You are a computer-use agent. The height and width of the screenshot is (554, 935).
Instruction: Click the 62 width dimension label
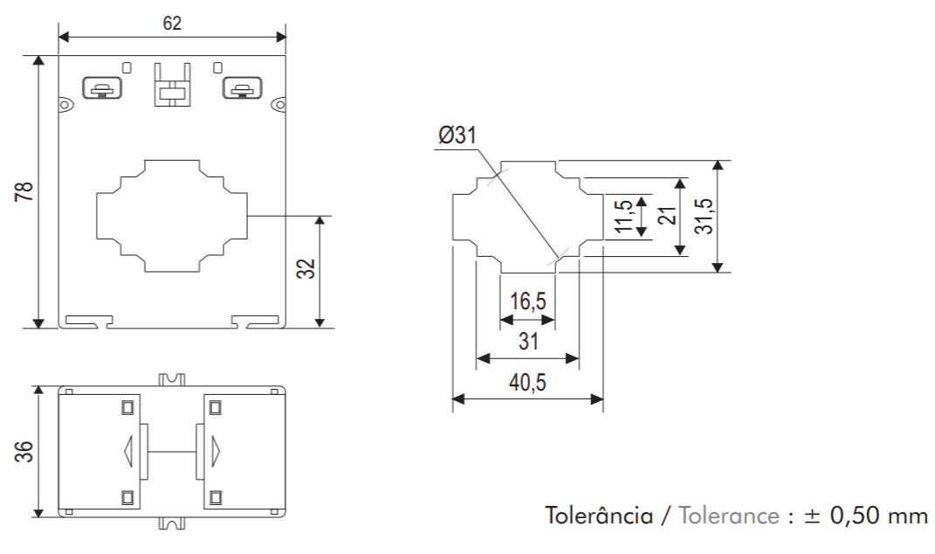tap(172, 24)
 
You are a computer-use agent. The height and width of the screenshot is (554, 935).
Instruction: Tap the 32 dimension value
tap(306, 268)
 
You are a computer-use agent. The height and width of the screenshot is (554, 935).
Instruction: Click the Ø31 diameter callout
tap(457, 136)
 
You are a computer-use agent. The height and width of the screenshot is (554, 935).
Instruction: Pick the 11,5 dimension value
tap(623, 217)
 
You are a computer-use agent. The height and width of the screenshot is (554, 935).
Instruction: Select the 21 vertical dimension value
tap(668, 216)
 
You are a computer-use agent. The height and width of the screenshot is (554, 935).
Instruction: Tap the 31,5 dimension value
tap(704, 216)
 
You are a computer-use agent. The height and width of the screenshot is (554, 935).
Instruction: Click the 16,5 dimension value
tap(527, 302)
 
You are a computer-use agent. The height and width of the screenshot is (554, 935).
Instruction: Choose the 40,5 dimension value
tap(527, 384)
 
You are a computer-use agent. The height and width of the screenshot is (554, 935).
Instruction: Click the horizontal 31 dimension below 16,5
tap(528, 343)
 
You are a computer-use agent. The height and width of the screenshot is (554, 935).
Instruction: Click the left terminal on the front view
tap(102, 88)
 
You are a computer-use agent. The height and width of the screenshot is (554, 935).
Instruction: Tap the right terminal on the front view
tap(242, 88)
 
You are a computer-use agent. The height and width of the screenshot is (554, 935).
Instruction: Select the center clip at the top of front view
tap(172, 85)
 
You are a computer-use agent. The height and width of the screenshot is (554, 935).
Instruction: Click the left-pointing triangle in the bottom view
tap(130, 451)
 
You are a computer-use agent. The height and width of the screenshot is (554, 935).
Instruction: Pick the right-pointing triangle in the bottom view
tap(216, 451)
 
